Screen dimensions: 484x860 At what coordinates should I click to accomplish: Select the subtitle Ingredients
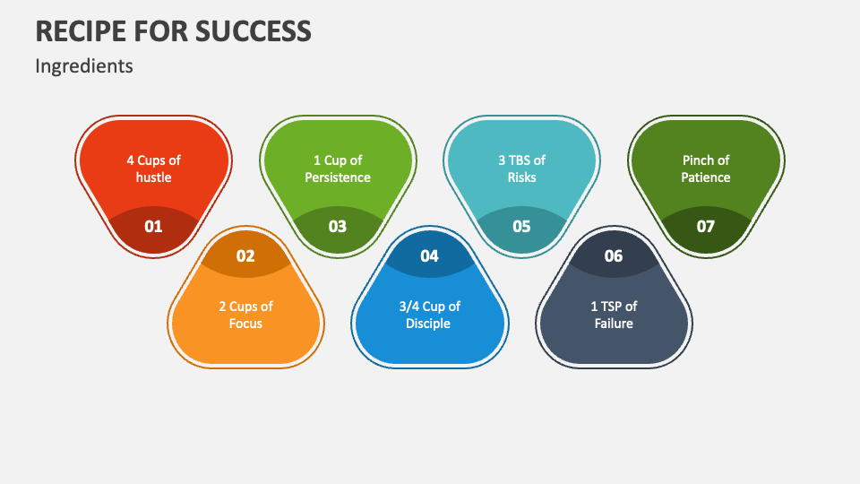(84, 66)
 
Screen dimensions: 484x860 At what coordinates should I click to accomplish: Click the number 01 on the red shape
(153, 226)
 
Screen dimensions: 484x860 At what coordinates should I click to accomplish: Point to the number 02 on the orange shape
(245, 256)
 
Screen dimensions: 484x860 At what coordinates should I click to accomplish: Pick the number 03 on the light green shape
(337, 226)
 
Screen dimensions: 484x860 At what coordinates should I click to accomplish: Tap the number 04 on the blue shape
(429, 256)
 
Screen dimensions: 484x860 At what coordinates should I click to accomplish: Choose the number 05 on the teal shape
(521, 226)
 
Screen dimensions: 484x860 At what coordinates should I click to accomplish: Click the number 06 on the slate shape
(614, 256)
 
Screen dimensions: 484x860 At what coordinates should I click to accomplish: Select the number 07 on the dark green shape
(706, 226)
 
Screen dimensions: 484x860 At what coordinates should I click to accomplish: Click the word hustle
(153, 177)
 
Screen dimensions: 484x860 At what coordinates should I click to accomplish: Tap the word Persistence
(337, 177)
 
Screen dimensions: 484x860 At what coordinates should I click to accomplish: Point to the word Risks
(521, 177)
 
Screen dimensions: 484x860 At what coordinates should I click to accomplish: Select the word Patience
(706, 177)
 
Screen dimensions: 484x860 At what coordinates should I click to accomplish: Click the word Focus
(245, 324)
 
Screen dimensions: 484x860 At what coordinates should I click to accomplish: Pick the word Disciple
(429, 324)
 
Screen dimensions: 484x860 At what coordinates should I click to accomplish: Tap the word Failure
(614, 324)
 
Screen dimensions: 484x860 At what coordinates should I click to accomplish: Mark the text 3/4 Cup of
(429, 307)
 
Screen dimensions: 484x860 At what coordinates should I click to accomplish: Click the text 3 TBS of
(521, 160)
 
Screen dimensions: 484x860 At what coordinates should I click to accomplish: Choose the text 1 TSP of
(614, 307)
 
